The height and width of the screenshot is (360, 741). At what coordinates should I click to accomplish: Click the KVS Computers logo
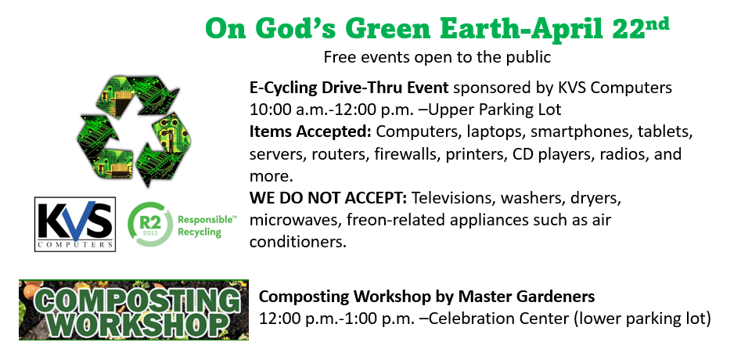[75, 224]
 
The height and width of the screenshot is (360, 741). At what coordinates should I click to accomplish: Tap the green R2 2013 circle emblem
[150, 224]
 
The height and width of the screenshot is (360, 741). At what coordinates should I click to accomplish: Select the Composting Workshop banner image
[134, 310]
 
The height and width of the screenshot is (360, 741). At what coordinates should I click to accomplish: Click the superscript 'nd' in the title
[656, 23]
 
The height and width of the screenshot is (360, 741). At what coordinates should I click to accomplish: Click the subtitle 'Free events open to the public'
[437, 57]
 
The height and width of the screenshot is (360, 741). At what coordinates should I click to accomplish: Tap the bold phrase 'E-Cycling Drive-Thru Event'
[349, 88]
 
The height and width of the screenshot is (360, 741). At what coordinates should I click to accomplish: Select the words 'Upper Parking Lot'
[495, 110]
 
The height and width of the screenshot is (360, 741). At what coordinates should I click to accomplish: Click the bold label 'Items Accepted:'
[311, 131]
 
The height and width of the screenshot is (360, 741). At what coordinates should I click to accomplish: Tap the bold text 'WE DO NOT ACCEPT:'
[329, 199]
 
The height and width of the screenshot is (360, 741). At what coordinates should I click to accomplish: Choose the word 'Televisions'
[454, 199]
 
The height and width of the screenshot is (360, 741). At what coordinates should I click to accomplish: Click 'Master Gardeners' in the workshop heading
[527, 297]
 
